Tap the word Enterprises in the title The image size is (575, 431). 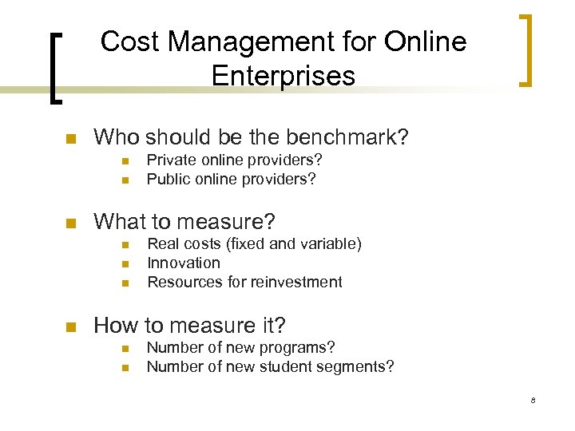coord(284,77)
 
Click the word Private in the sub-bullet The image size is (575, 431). coord(169,160)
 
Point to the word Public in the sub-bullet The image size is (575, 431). coord(167,179)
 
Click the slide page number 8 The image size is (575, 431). coord(532,400)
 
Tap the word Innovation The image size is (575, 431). coord(184,263)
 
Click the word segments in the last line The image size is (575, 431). coord(358,366)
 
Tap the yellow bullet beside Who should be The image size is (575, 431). coord(70,139)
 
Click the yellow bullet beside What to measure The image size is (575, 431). coord(70,223)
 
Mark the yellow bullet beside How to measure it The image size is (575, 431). coord(70,326)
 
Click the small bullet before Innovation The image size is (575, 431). coord(124,263)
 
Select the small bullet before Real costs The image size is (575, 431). coord(124,244)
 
